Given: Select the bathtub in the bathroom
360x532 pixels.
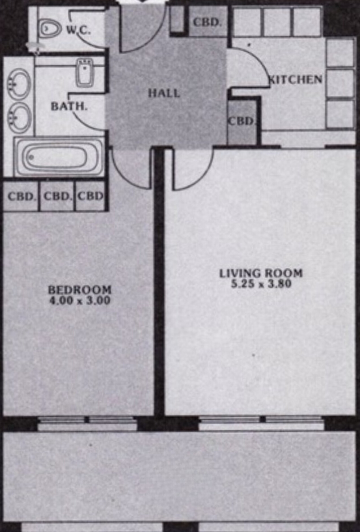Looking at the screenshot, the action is coord(59,157).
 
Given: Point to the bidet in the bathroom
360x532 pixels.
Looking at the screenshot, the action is coord(84,73).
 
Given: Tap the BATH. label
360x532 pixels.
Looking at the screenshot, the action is coord(69,107).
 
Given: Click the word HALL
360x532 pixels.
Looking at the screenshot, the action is coord(164,93).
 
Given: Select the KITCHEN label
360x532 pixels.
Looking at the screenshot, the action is coord(296,79).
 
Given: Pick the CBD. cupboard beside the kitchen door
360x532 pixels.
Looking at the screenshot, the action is coord(242,122).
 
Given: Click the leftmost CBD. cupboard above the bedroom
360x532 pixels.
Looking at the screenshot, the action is coord(21,196).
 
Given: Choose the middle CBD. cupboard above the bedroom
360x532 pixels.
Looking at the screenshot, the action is coord(57,196).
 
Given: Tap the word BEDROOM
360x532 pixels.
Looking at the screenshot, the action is coord(80,290).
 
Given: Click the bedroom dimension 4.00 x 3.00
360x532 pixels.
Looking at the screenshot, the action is coord(80,300).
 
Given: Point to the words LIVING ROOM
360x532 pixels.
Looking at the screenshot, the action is coord(261,273).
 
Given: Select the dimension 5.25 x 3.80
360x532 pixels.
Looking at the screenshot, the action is coord(261,283).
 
